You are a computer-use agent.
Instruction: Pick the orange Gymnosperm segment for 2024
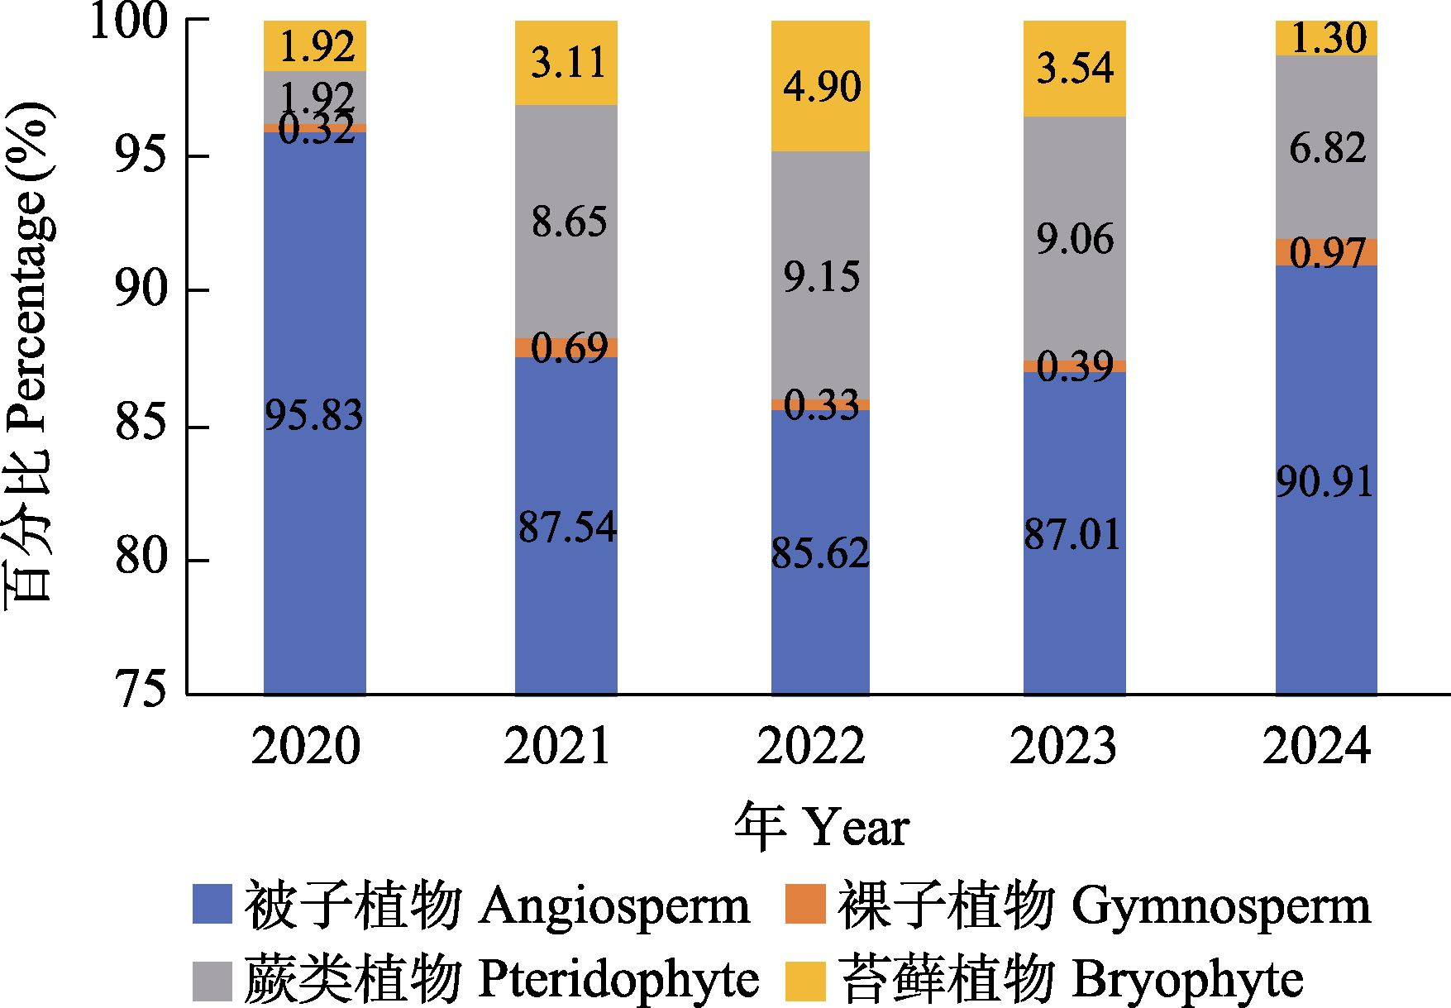click(x=1326, y=252)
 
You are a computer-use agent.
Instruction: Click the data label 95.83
click(x=313, y=415)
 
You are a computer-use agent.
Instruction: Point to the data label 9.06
click(x=1075, y=240)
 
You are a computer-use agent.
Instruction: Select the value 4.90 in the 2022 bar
click(x=822, y=87)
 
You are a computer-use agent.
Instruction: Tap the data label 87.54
click(x=567, y=528)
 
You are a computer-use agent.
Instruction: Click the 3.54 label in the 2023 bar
click(x=1075, y=68)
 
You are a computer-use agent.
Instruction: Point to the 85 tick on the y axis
click(x=141, y=426)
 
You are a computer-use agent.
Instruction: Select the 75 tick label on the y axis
click(x=141, y=690)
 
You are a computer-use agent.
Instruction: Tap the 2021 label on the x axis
click(x=557, y=746)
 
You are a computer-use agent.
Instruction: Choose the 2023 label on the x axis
click(x=1063, y=746)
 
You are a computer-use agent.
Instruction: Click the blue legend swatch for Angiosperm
click(x=212, y=905)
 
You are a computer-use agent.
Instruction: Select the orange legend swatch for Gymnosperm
click(x=805, y=905)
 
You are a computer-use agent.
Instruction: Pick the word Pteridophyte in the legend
click(x=619, y=981)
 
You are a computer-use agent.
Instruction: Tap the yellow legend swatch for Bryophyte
click(x=805, y=981)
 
